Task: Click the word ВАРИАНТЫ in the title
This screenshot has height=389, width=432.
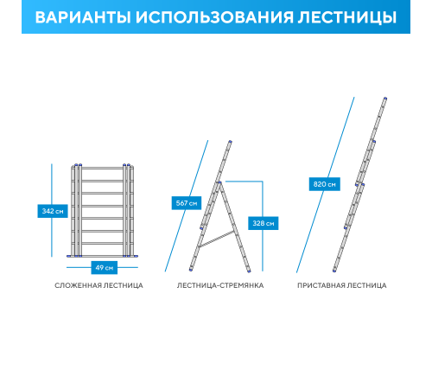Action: (x=83, y=17)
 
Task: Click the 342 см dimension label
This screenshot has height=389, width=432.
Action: (x=53, y=211)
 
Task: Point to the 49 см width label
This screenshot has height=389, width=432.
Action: (x=104, y=267)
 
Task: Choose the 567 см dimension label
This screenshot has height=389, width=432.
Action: (x=187, y=203)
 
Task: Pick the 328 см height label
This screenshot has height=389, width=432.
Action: (x=263, y=223)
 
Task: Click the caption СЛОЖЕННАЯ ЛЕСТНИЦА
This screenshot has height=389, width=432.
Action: (x=98, y=285)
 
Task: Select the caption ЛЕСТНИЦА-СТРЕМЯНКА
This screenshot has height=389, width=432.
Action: (x=219, y=285)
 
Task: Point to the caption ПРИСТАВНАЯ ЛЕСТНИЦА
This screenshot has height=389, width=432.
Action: (x=342, y=285)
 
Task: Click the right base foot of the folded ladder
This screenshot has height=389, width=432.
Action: (x=130, y=256)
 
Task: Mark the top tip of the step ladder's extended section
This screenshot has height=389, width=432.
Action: (x=230, y=141)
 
